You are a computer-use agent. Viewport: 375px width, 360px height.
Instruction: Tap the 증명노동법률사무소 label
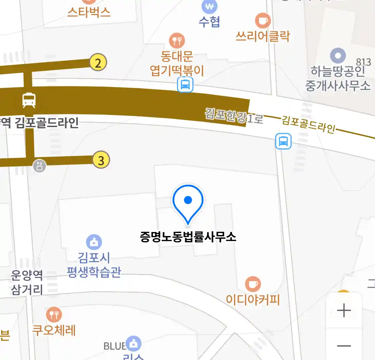[x=188, y=237]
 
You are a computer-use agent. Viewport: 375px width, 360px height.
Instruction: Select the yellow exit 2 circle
[x=98, y=63]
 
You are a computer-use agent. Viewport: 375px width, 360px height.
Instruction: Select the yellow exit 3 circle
[x=101, y=160]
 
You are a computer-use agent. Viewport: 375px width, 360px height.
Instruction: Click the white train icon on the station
[x=29, y=100]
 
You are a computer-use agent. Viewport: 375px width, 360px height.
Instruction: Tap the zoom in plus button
[x=344, y=311]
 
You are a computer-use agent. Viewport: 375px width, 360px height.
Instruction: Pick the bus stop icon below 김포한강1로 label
[x=283, y=141]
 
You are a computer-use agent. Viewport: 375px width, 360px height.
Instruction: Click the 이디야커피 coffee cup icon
[x=253, y=284]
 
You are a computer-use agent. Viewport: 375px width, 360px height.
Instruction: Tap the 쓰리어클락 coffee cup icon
[x=263, y=21]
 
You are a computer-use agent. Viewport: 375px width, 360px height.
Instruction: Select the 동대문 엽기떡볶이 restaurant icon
[x=177, y=41]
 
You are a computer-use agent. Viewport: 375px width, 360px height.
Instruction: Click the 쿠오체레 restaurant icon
[x=54, y=314]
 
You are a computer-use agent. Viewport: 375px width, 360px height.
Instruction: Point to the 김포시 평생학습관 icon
[x=94, y=242]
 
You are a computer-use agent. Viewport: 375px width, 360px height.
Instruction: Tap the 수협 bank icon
[x=209, y=6]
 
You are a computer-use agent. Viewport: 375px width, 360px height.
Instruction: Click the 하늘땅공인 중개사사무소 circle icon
[x=338, y=56]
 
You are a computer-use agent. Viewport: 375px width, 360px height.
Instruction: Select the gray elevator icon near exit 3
[x=39, y=165]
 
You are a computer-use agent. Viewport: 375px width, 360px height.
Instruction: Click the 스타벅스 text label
[x=89, y=12]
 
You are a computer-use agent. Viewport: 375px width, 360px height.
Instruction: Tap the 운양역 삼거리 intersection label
[x=27, y=282]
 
